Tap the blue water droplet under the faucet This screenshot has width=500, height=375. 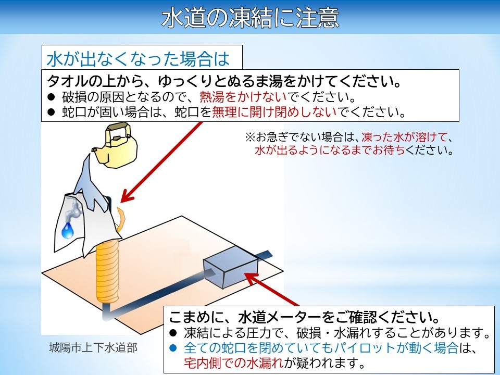click(x=68, y=231)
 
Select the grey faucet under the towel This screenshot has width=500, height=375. click(x=73, y=210)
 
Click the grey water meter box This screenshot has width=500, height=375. click(x=231, y=267)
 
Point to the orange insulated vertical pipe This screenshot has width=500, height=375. click(x=108, y=271)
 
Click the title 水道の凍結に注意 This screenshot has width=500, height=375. click(x=250, y=17)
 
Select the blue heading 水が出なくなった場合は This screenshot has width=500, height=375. click(x=137, y=59)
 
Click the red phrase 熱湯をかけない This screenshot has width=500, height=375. click(x=243, y=97)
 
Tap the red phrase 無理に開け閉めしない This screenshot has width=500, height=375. click(x=274, y=111)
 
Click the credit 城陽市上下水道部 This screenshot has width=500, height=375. click(x=93, y=347)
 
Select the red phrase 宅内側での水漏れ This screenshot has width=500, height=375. click(x=234, y=362)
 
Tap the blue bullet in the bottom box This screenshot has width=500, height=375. click(x=173, y=348)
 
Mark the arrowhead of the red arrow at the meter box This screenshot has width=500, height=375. click(x=251, y=278)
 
